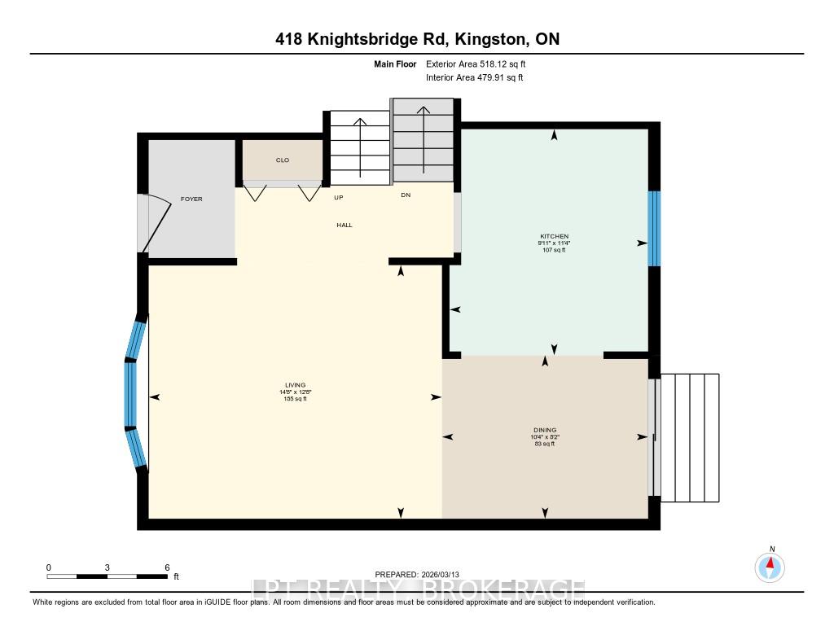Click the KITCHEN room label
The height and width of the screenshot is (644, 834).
553,236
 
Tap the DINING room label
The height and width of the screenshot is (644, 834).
545,430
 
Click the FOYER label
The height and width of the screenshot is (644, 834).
191,199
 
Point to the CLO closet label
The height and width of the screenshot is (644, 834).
283,160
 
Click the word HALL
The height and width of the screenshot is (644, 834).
344,225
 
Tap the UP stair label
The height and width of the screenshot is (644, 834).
338,197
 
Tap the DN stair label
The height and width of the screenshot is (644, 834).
406,195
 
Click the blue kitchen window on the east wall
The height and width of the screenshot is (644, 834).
653,229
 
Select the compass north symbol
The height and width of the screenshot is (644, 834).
770,565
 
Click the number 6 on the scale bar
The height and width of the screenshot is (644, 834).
166,567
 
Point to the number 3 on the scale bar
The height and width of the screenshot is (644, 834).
108,567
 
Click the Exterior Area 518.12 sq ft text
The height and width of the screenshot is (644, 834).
481,64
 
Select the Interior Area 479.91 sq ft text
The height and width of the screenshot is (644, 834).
474,78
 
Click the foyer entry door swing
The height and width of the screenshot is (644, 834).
157,223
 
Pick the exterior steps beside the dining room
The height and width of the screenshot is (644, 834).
690,437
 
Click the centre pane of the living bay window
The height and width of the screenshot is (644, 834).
129,394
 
